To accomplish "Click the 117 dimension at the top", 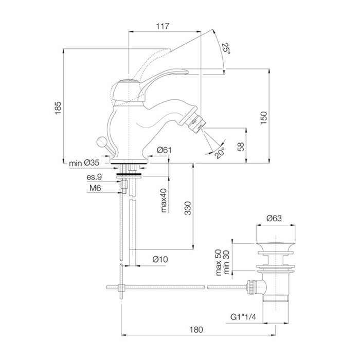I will (165, 26).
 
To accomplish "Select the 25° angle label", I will (225, 49).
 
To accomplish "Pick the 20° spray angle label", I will (221, 153).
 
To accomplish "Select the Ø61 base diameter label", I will (164, 150).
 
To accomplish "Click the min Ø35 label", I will (84, 164).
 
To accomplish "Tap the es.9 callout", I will (94, 177).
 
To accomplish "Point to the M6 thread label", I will (94, 188).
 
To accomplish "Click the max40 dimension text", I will (164, 200).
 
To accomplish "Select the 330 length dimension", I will (188, 208).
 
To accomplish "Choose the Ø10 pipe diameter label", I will (160, 260).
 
